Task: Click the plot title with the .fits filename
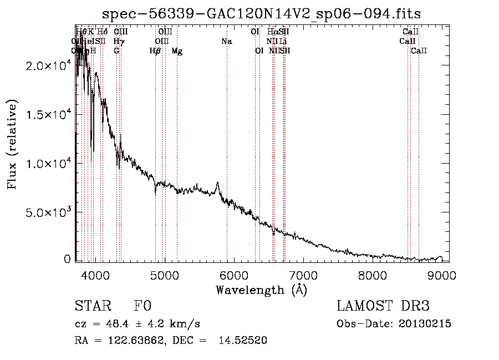pos(262,14)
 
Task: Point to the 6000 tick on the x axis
pos(234,276)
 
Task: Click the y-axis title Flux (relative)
pos(12,144)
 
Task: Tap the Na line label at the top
pos(226,41)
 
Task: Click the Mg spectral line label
pos(177,51)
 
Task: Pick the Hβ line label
pos(155,51)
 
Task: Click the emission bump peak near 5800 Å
pos(218,182)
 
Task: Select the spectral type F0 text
pos(142,306)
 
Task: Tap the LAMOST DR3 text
pos(383,306)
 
